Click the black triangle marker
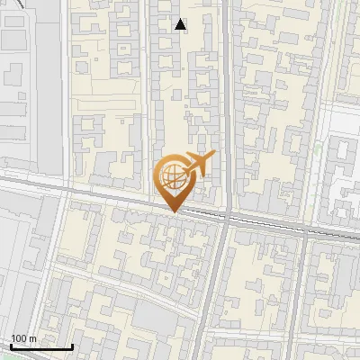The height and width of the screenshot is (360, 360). pyautogui.click(x=181, y=24)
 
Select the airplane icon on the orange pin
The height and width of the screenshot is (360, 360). pyautogui.click(x=198, y=165)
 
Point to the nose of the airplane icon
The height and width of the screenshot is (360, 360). pyautogui.click(x=213, y=156)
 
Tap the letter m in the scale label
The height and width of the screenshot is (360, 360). pyautogui.click(x=33, y=339)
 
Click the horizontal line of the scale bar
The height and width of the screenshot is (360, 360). pyautogui.click(x=40, y=346)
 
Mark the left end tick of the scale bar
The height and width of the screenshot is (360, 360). pyautogui.click(x=10, y=346)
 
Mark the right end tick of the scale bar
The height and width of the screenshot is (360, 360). pyautogui.click(x=72, y=346)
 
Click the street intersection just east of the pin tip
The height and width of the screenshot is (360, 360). pyautogui.click(x=227, y=219)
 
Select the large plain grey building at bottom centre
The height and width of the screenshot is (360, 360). pyautogui.click(x=158, y=316)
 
